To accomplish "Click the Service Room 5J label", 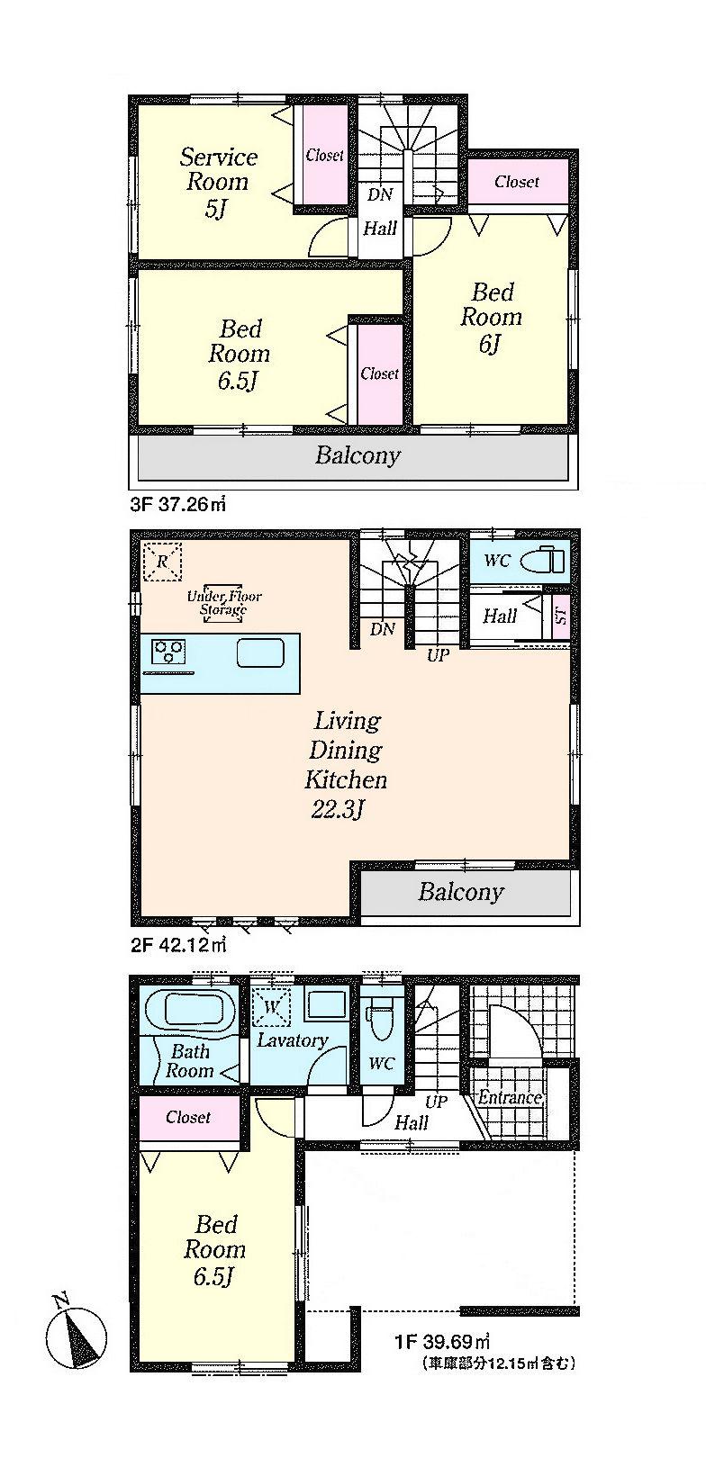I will click(218, 183).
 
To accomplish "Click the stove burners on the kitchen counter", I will click(168, 649).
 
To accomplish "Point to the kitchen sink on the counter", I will click(260, 652).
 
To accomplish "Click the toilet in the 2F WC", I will click(547, 560).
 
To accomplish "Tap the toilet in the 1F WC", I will click(381, 1021).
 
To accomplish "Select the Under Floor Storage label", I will click(223, 602).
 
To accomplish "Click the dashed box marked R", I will click(162, 562).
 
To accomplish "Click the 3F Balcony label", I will click(357, 455).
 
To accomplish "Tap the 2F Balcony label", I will click(460, 892).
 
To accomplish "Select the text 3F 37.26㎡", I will click(177, 506).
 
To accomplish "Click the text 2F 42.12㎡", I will click(177, 945).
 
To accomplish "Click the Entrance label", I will click(510, 1097).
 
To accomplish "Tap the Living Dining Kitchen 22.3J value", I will click(337, 810).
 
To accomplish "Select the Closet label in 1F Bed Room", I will click(188, 1117).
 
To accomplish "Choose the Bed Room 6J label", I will click(491, 318).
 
